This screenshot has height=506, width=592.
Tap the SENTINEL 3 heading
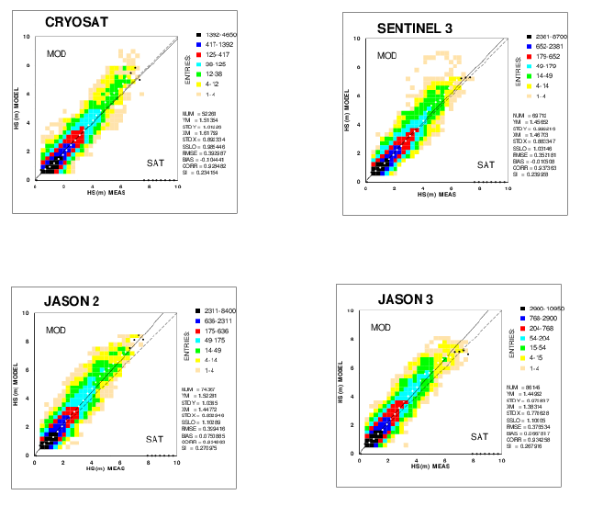pyautogui.click(x=415, y=28)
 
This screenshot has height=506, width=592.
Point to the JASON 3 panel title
pyautogui.click(x=406, y=298)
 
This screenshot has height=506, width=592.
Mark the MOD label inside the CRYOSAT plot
pyautogui.click(x=58, y=55)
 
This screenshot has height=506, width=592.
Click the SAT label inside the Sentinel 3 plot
pyautogui.click(x=484, y=164)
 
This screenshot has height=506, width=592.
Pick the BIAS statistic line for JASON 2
pyautogui.click(x=197, y=434)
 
